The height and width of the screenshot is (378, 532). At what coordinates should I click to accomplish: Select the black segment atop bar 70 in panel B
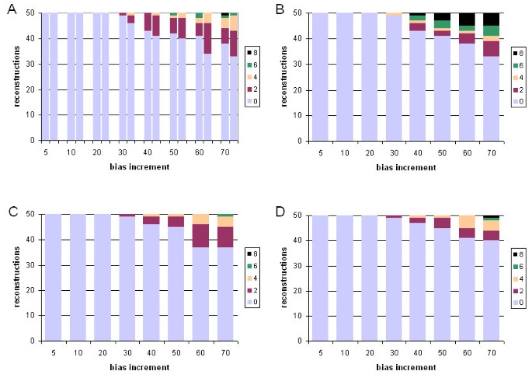pos(492,19)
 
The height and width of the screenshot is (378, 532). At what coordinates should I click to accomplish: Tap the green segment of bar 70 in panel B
pos(492,30)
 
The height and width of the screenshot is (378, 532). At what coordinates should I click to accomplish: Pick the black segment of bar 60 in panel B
pos(467,19)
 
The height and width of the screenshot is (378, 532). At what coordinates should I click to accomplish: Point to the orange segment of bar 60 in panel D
pos(467,221)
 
